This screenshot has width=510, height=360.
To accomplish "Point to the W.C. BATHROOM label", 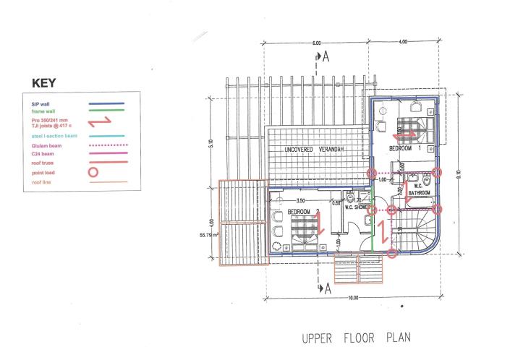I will (420, 190).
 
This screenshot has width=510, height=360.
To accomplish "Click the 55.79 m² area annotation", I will (198, 235).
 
